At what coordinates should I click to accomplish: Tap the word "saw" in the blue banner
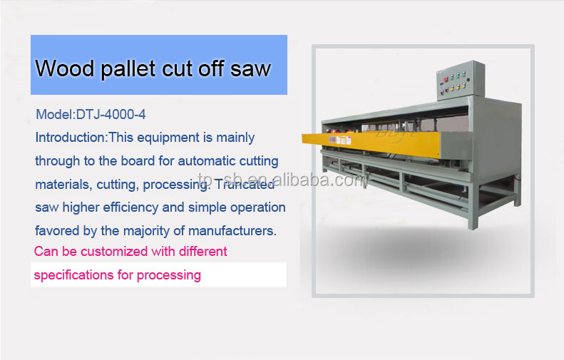tap(250, 68)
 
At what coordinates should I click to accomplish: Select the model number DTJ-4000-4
tap(111, 114)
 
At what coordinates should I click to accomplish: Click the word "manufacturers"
tap(232, 230)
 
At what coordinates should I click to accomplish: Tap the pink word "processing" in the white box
tap(169, 275)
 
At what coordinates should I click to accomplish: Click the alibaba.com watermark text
tap(282, 180)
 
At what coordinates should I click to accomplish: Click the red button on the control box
tap(446, 78)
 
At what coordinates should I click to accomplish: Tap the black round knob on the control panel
tap(468, 80)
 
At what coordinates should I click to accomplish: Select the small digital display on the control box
tap(441, 86)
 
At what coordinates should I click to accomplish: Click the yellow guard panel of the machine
tap(371, 143)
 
